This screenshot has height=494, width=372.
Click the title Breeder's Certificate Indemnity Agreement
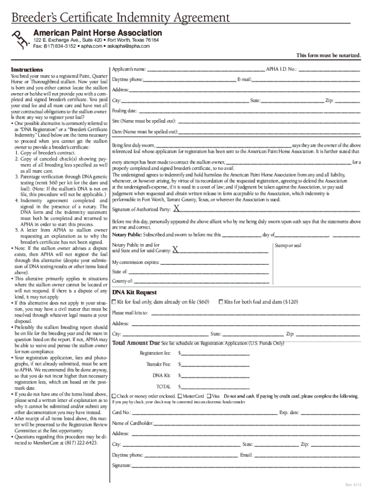(121, 18)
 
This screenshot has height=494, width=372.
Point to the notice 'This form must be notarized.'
(328, 56)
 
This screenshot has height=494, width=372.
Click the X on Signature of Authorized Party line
(176, 209)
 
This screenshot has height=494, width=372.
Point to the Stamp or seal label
(288, 246)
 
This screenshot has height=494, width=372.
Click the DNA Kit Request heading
(134, 292)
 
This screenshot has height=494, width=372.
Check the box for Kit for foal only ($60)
(114, 302)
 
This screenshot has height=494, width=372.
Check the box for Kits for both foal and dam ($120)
(221, 302)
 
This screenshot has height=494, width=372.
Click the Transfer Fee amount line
(215, 365)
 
